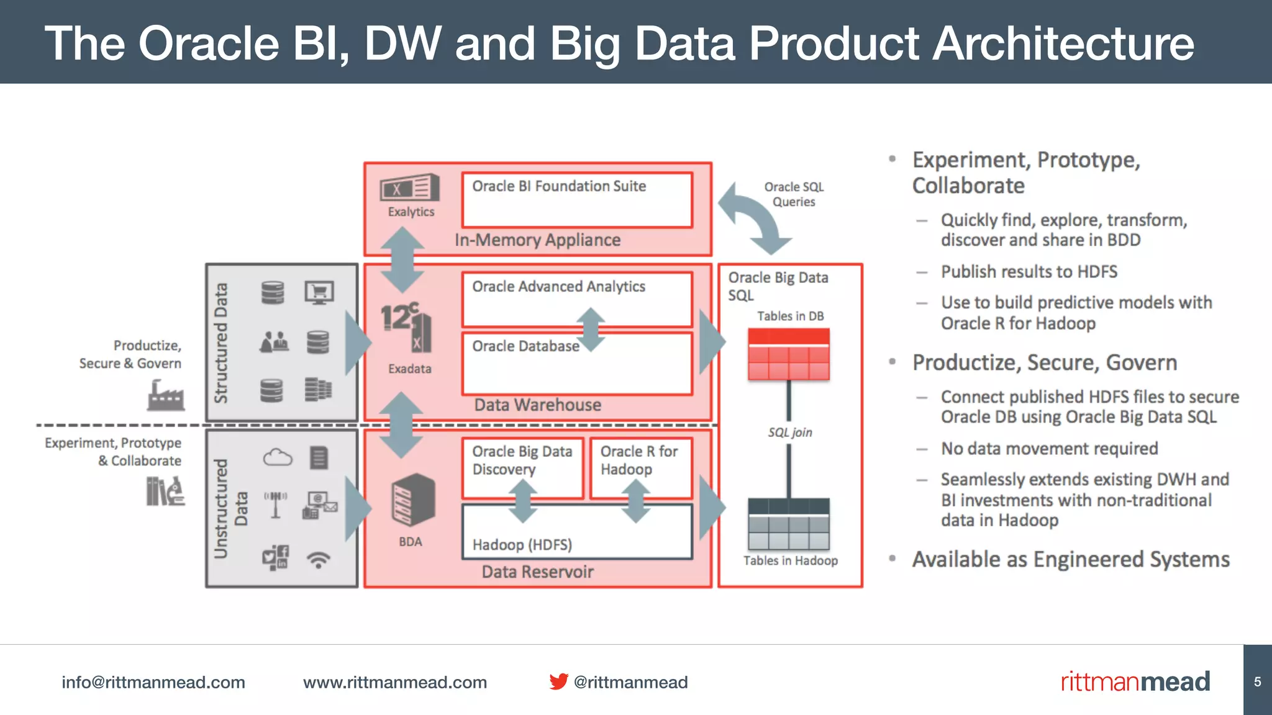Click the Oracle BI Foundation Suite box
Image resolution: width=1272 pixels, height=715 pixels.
coord(576,200)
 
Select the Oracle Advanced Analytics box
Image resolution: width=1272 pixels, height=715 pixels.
coord(576,299)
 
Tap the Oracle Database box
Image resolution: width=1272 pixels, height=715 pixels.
coord(576,364)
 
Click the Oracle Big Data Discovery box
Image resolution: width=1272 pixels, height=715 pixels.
coord(522,468)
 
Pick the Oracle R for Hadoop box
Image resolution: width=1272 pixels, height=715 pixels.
coord(640,468)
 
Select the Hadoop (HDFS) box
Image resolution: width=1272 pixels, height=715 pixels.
coord(576,533)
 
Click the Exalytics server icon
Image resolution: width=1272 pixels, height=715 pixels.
coord(410,187)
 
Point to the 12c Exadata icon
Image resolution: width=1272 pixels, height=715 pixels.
coord(407,326)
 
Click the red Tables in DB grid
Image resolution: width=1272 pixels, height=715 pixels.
coord(789,354)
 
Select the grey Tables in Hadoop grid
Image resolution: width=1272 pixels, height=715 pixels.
coord(789,524)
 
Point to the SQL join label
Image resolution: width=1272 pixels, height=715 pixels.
coord(789,433)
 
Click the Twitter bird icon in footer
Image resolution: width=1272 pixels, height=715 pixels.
coord(558,681)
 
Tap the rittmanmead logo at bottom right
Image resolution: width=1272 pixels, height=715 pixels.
coord(1135,681)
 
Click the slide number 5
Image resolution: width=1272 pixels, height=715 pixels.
coord(1257,681)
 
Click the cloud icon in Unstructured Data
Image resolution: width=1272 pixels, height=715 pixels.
coord(277,458)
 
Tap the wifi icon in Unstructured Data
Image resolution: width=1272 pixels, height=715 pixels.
coord(319,559)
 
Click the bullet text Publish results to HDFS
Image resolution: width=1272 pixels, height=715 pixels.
coord(1029,272)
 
